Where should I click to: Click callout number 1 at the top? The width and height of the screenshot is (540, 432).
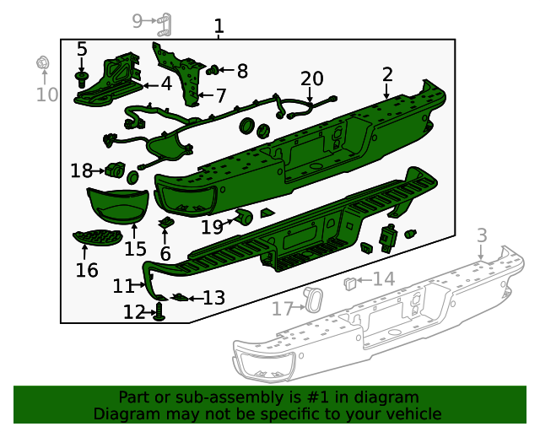tap(219, 27)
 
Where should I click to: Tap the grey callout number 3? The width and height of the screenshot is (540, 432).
tap(482, 235)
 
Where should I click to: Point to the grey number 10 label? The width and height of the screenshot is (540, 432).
tap(47, 94)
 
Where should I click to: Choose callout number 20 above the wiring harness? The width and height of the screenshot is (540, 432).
tap(312, 78)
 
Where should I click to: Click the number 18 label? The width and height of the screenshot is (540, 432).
tap(81, 171)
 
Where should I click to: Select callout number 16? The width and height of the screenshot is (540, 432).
tap(87, 270)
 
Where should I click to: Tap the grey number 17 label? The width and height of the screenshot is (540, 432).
tap(282, 309)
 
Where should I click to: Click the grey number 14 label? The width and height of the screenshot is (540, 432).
tap(383, 279)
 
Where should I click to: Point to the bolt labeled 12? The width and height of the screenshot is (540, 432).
tap(159, 313)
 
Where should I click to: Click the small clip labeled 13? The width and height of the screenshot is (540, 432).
tap(180, 297)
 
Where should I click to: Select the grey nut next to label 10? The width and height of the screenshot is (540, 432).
tap(40, 62)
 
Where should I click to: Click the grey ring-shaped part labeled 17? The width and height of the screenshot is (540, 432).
tap(312, 300)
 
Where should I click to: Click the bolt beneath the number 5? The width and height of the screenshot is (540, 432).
tap(82, 78)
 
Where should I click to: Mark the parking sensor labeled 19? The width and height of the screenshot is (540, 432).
tap(243, 218)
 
